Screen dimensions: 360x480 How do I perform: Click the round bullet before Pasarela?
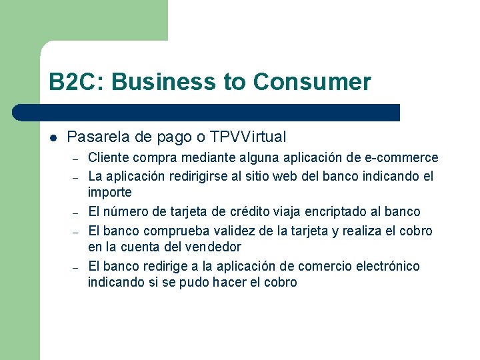click(x=53, y=138)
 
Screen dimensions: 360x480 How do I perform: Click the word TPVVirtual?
click(x=248, y=137)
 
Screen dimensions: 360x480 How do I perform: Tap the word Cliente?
click(x=109, y=158)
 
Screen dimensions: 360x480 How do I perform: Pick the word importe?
click(x=110, y=193)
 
